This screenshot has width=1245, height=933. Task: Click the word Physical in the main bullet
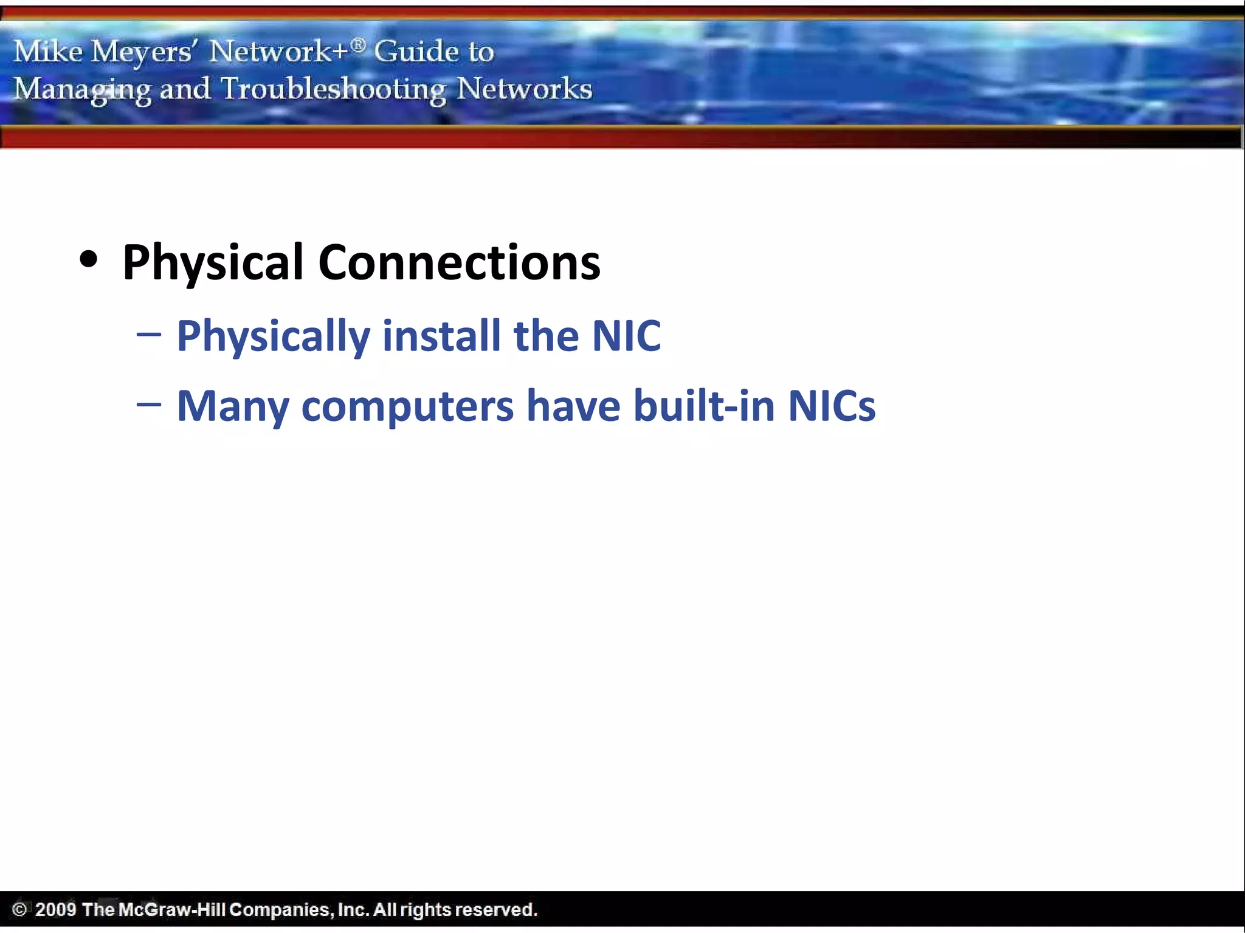click(213, 263)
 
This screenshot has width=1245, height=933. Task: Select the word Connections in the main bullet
click(459, 263)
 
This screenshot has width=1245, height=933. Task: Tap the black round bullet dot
click(89, 259)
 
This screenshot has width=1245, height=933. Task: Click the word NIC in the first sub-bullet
click(626, 335)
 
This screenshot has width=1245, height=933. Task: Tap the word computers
click(407, 406)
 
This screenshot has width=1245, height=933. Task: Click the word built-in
click(704, 405)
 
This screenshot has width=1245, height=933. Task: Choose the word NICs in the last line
click(832, 405)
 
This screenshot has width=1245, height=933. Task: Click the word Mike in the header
click(48, 51)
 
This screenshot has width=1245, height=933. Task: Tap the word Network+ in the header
click(279, 51)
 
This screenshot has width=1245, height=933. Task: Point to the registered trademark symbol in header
click(359, 44)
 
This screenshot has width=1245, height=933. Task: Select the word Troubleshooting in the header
click(333, 89)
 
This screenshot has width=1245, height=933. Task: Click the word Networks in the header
click(524, 89)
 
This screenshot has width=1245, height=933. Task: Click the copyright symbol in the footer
click(19, 909)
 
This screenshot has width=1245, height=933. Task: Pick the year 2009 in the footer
click(55, 909)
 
